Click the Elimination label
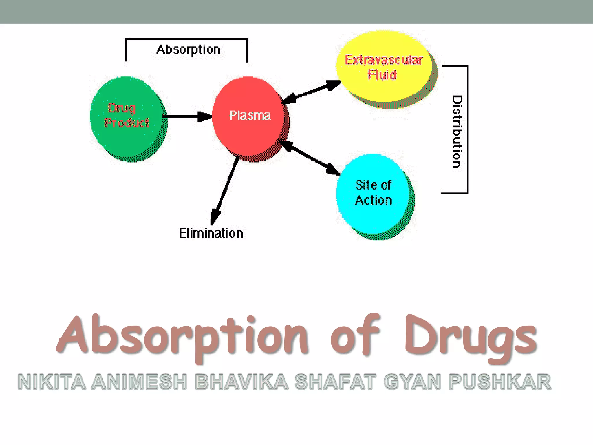211,233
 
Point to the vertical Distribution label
457,132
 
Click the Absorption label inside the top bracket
188,50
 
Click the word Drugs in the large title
471,338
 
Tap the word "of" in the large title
355,336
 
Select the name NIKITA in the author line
52,382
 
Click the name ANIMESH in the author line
139,382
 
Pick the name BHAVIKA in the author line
241,382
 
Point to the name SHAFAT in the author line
335,382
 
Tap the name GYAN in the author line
412,382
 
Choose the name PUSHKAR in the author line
500,382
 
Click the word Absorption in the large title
182,338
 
